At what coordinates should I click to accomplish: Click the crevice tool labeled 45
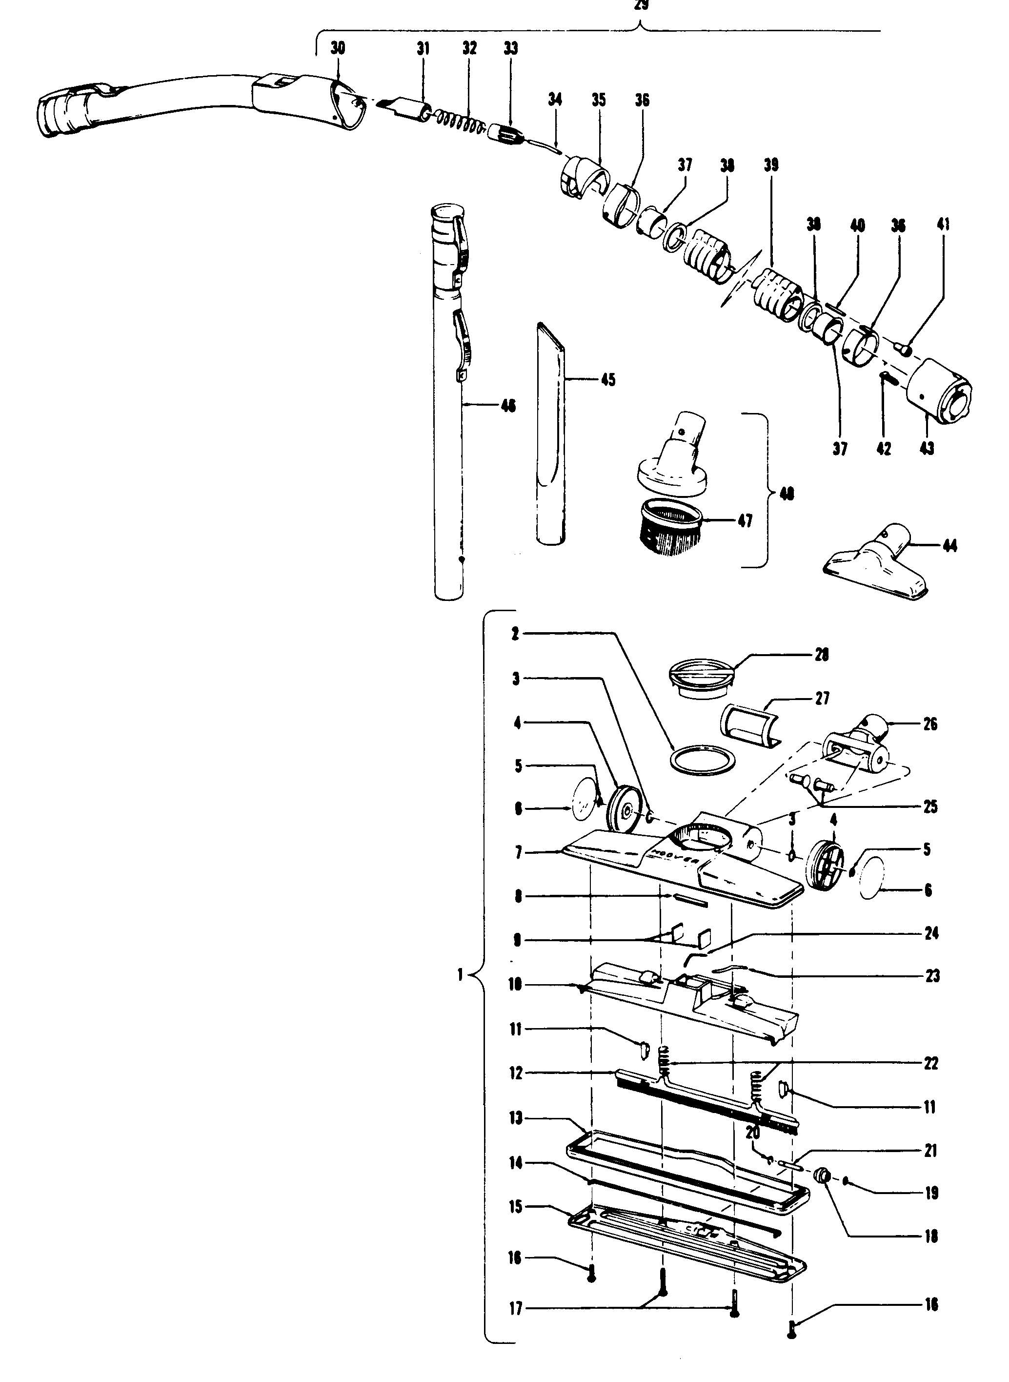[x=551, y=434]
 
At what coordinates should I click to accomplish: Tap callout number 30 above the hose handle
[x=338, y=48]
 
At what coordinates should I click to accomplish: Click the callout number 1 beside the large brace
[x=460, y=975]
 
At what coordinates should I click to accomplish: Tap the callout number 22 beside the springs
[x=931, y=1064]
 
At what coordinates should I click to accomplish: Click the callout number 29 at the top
[x=641, y=5]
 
